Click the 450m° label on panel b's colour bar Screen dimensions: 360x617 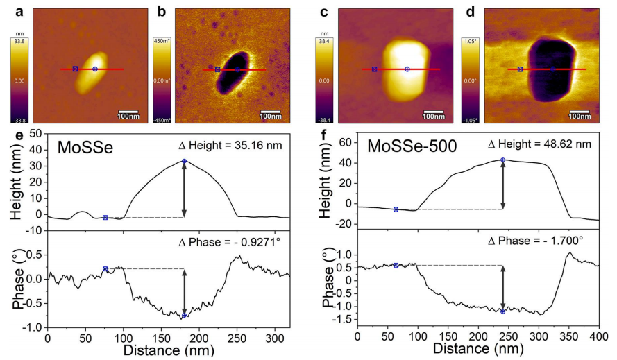tap(162, 40)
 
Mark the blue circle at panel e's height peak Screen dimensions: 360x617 tap(185, 161)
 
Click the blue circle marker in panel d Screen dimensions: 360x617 tap(553, 69)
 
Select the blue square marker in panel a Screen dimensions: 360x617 tap(75, 69)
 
